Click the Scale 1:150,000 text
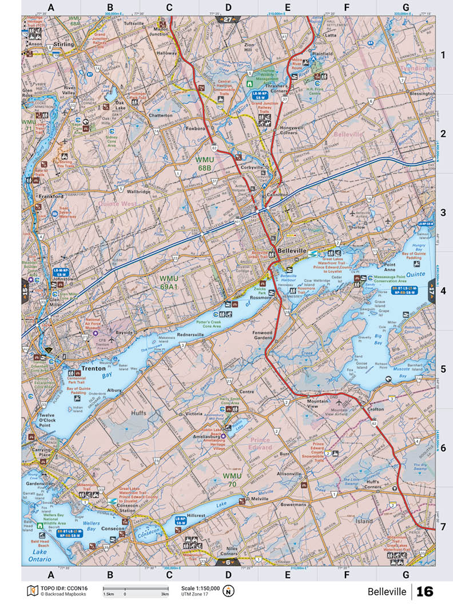point(200,588)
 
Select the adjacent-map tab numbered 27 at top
point(227,19)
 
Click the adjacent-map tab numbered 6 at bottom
point(227,562)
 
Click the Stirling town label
point(64,44)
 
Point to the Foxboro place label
point(194,129)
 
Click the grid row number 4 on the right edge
point(443,291)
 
